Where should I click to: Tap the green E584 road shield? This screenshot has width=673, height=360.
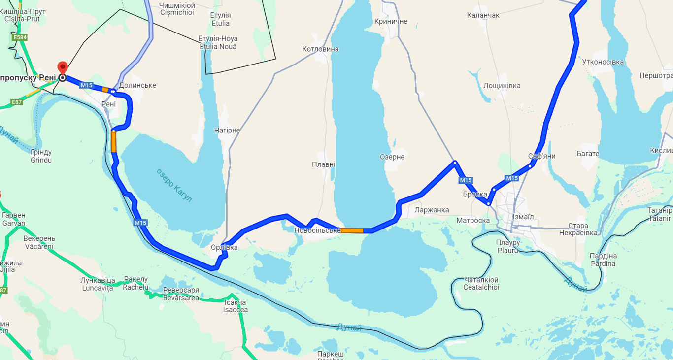tap(20, 37)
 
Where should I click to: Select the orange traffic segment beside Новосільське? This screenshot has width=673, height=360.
tap(352, 230)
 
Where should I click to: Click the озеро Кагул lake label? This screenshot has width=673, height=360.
tap(174, 185)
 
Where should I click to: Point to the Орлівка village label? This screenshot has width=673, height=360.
tap(224, 247)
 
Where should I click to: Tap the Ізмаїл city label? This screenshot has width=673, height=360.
tap(523, 217)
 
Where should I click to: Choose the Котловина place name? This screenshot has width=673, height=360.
tap(320, 49)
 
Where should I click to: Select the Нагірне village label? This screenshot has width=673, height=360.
tap(227, 131)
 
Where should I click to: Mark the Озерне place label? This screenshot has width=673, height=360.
tap(392, 157)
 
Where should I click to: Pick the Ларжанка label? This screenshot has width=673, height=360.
tap(432, 210)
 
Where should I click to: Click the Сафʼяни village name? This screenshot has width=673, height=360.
tap(541, 156)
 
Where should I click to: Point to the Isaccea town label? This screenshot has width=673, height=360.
tap(236, 310)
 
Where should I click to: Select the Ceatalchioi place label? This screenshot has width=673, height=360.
tap(481, 287)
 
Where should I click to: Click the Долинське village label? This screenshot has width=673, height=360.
tap(137, 85)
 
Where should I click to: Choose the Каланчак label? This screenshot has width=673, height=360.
tap(483, 15)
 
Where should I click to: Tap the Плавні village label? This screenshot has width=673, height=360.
tap(324, 164)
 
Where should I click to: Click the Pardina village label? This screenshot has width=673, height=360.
tap(604, 263)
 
